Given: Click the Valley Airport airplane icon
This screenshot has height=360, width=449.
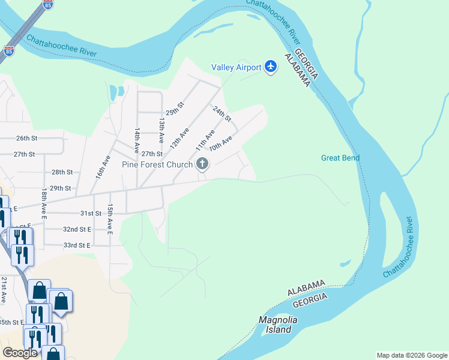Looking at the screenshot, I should pos(271,67).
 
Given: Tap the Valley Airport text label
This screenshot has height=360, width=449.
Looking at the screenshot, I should pos(236,67).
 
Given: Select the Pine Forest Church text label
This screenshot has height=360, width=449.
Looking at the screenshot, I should pos(157,164).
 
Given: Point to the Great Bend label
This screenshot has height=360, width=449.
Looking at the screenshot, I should pos(340,158).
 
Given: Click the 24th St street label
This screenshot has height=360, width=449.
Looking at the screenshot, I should pos(222,114).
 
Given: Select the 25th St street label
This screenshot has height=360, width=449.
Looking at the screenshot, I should pos(175,109).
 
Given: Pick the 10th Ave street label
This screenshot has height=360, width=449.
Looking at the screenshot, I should pos(220,144).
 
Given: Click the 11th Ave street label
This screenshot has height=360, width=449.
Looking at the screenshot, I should pos(205,140).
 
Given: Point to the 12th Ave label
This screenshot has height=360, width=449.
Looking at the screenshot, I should pos(179,137).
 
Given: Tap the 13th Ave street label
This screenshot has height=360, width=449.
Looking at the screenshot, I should pos(161,130).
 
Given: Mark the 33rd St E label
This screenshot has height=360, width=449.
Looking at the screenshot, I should pos(77,245).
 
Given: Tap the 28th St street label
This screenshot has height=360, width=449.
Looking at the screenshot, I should pos(62,172).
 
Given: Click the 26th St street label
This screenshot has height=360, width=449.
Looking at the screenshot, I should pos(26,138).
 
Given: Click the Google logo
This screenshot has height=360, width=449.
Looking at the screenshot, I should pos(20,352).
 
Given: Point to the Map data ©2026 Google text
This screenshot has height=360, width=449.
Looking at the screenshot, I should pos(412,355).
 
